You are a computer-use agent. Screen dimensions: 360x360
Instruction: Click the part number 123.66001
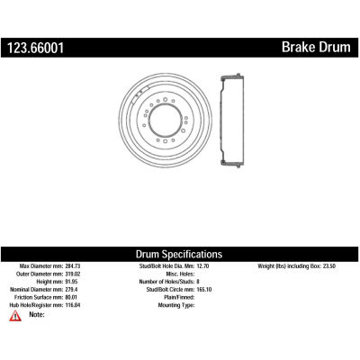pyautogui.click(x=36, y=48)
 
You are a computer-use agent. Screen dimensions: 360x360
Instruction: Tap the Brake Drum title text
pyautogui.click(x=316, y=48)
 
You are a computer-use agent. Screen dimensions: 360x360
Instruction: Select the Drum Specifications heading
pyautogui.click(x=179, y=254)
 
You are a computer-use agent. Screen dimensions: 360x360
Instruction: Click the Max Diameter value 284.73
pyautogui.click(x=73, y=266)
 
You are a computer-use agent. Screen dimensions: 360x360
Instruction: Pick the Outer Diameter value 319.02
pyautogui.click(x=73, y=274)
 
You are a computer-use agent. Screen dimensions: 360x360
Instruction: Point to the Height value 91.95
pyautogui.click(x=71, y=282)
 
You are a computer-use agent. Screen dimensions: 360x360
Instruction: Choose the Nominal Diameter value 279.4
pyautogui.click(x=71, y=290)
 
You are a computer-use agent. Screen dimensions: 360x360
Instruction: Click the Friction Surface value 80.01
pyautogui.click(x=71, y=297)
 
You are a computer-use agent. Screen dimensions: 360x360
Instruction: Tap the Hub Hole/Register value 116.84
pyautogui.click(x=73, y=305)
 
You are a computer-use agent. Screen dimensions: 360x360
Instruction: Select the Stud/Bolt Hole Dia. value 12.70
pyautogui.click(x=202, y=266)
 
